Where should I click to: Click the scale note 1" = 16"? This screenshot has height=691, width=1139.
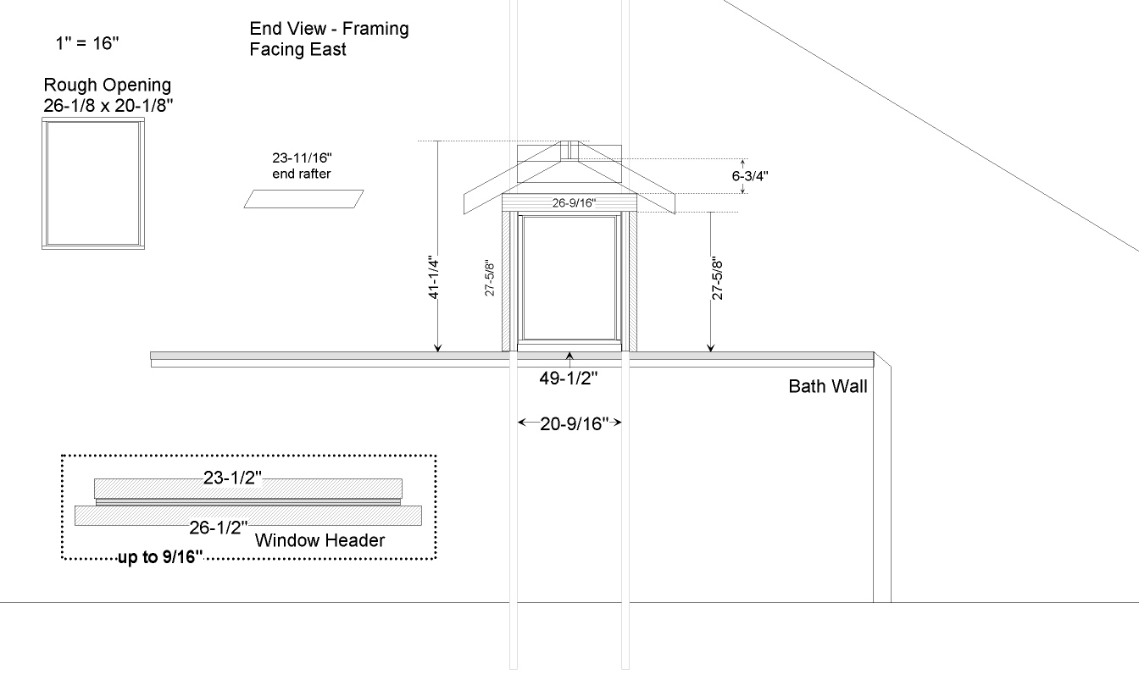[x=87, y=43]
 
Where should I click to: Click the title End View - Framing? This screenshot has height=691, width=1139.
[x=329, y=29]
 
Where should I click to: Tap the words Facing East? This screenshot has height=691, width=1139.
[x=297, y=49]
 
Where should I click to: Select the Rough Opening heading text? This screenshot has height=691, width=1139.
[x=108, y=85]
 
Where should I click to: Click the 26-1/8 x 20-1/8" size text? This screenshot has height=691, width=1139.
[x=108, y=106]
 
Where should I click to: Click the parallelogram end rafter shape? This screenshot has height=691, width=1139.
[x=303, y=199]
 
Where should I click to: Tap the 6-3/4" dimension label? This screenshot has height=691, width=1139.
[x=750, y=176]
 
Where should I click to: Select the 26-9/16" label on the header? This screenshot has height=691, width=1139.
[x=574, y=202]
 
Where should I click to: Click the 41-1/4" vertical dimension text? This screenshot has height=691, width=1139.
[x=433, y=277]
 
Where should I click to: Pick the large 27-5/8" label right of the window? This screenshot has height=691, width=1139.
[x=717, y=279]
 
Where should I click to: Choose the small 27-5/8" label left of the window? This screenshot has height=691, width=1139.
[x=489, y=279]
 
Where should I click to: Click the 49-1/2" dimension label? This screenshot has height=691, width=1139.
[x=569, y=378]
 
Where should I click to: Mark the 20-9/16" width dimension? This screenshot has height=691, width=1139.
[x=574, y=423]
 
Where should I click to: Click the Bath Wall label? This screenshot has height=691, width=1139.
[x=828, y=387]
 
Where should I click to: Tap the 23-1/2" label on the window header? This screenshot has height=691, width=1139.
[x=232, y=478]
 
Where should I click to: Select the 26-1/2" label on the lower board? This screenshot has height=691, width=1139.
[x=219, y=528]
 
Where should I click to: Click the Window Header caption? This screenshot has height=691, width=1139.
[x=319, y=540]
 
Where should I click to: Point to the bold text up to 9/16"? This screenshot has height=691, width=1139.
[x=160, y=557]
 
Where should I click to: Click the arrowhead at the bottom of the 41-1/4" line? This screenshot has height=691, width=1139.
[x=438, y=348]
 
